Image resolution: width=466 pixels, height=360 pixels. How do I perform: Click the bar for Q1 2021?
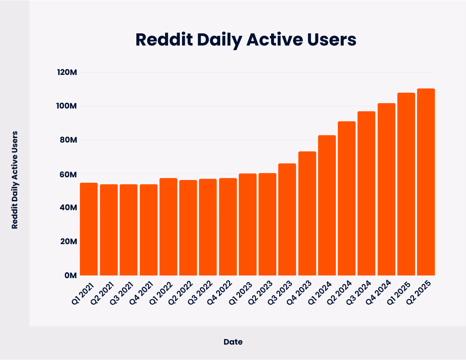pos(89,229)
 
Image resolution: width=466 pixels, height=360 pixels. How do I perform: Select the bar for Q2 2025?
pos(426,182)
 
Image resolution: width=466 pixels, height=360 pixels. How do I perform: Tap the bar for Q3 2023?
pos(287,219)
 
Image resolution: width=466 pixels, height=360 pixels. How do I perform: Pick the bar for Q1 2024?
pos(327,205)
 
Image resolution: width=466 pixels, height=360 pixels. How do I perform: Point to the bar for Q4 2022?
pos(228,227)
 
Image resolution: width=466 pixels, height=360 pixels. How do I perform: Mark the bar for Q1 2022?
pos(168,227)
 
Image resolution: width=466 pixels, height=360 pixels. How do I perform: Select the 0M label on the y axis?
pos(70,275)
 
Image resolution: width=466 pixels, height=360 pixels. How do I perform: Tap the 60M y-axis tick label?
pos(68,174)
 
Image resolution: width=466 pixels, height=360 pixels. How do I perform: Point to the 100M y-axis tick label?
pos(67,106)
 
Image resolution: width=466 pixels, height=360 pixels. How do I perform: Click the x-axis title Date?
pos(233,342)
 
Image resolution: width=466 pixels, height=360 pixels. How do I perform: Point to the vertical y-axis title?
pos(15,180)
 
